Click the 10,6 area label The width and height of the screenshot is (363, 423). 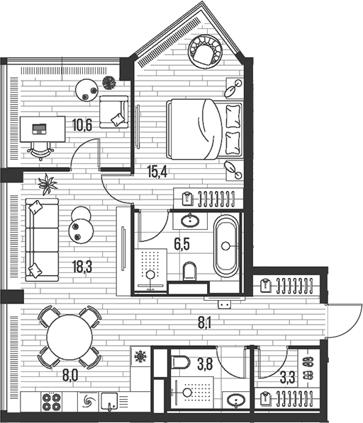point(82,125)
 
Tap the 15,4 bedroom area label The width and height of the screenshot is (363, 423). point(157,171)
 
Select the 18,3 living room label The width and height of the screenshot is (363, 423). point(82,267)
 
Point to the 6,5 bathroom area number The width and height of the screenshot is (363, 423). point(181,244)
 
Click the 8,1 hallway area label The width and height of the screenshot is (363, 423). point(205,323)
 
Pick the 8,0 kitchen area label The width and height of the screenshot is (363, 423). point(70,376)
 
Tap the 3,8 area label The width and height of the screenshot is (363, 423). point(205,364)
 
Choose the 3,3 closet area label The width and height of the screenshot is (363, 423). point(287,377)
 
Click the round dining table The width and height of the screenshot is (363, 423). point(69,337)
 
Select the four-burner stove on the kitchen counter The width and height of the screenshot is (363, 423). point(51,402)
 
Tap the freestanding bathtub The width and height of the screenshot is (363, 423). point(226,246)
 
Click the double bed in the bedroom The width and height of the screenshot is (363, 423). point(205,129)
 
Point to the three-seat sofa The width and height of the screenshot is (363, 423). point(42,240)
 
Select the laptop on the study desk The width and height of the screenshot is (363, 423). point(39,129)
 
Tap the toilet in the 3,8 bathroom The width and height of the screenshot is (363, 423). point(181,362)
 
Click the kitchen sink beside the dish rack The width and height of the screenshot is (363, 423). point(109,401)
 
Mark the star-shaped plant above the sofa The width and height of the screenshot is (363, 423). point(48,184)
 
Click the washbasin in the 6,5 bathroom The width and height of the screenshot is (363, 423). point(190,221)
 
